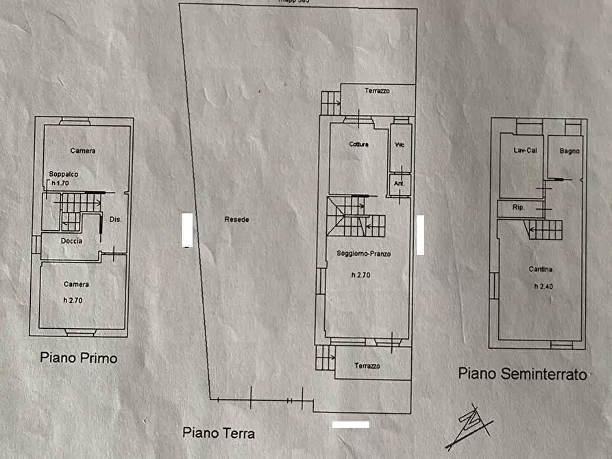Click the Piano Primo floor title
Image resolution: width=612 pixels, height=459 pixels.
(79, 358)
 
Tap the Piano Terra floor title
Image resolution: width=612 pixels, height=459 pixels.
(219, 433)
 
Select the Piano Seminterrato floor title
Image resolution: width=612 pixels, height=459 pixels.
(523, 374)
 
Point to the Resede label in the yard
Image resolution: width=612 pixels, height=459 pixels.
(236, 220)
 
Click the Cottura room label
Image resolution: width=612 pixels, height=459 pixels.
(358, 145)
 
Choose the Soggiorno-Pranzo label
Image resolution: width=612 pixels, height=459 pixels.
(363, 253)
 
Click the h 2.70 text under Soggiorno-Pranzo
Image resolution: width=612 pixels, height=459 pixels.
(363, 275)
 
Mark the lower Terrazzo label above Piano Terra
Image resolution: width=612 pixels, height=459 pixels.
(367, 367)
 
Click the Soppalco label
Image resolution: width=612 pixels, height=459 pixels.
(63, 174)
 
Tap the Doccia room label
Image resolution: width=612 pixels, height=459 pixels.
(71, 241)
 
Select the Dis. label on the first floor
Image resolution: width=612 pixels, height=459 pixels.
(115, 219)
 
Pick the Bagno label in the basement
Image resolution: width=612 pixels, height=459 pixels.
(569, 151)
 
